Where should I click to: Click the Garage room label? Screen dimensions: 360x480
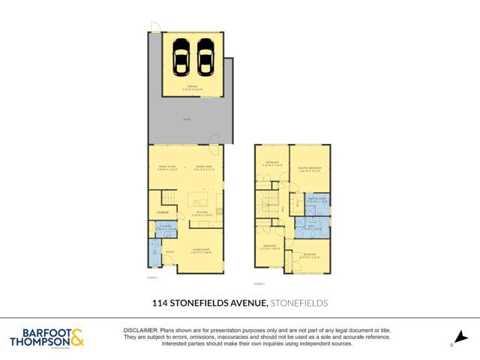coord(193,89)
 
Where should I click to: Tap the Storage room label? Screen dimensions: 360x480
coord(162,213)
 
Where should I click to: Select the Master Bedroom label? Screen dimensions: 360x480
coord(310,169)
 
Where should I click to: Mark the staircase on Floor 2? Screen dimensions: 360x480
coord(266,202)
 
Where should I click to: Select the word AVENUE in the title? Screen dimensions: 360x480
coord(244,303)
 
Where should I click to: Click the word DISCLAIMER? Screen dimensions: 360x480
coord(139,331)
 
